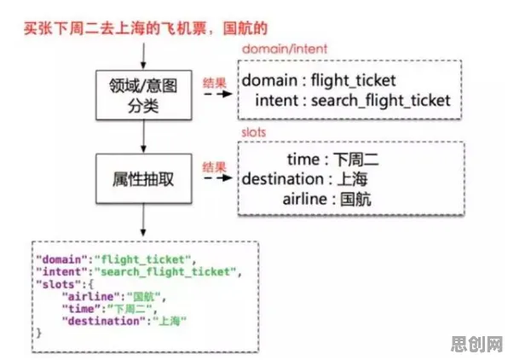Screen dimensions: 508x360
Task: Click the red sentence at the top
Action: coord(146,28)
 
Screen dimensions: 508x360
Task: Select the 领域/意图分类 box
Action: coord(144,95)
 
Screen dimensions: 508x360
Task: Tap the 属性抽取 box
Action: coord(144,178)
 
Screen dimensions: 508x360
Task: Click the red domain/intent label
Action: coord(285,49)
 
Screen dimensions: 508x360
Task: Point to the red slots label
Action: coord(254,132)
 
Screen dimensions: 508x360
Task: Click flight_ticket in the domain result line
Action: coord(353,81)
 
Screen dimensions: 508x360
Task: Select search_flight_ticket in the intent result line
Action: coord(381,101)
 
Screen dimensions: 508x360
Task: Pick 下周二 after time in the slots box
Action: coord(355,160)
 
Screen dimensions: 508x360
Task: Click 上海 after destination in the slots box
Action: coord(353,179)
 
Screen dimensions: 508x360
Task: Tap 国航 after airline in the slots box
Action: coord(355,199)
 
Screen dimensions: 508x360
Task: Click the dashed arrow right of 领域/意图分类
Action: coord(218,94)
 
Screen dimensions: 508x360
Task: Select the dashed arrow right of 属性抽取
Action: coord(218,177)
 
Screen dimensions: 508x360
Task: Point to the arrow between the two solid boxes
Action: coord(143,136)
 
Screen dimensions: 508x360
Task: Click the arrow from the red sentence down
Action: coord(143,56)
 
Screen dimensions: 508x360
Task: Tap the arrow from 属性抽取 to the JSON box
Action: coord(143,220)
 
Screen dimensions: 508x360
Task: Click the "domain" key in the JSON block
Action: coord(62,259)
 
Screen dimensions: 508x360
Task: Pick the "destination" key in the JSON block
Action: coord(104,321)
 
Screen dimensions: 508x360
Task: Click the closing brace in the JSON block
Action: coord(39,333)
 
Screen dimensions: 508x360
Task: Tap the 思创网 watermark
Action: coord(477,345)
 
